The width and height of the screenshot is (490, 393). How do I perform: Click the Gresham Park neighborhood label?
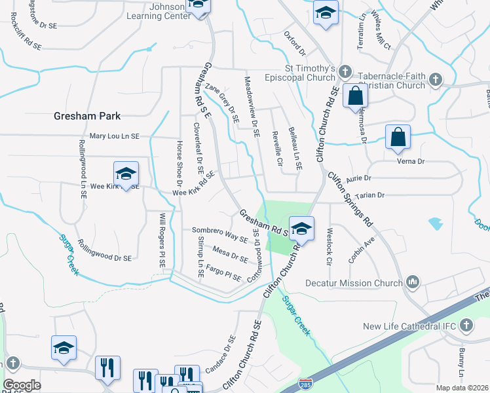point(87,116)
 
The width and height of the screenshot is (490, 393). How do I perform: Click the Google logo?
point(22,384)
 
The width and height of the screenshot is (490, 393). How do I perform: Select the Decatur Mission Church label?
point(354,283)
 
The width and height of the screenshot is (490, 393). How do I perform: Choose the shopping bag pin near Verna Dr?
point(398,138)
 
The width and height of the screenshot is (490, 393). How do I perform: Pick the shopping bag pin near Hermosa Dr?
point(354,96)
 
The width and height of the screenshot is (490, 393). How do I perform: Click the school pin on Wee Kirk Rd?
point(126,174)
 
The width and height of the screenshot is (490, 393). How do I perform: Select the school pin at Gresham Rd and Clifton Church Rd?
point(301,229)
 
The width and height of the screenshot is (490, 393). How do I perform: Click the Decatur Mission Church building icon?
point(413,283)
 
